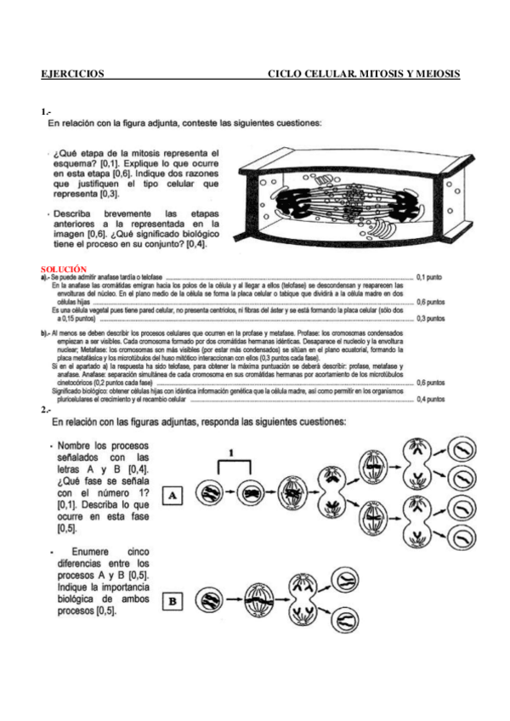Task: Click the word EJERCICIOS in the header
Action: [x=72, y=74]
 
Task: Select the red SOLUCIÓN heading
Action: [x=64, y=269]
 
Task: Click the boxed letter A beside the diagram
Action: [x=173, y=494]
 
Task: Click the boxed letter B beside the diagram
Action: [x=173, y=601]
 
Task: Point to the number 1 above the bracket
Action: [x=230, y=454]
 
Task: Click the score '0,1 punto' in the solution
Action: [x=432, y=277]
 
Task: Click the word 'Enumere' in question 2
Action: [x=89, y=551]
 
